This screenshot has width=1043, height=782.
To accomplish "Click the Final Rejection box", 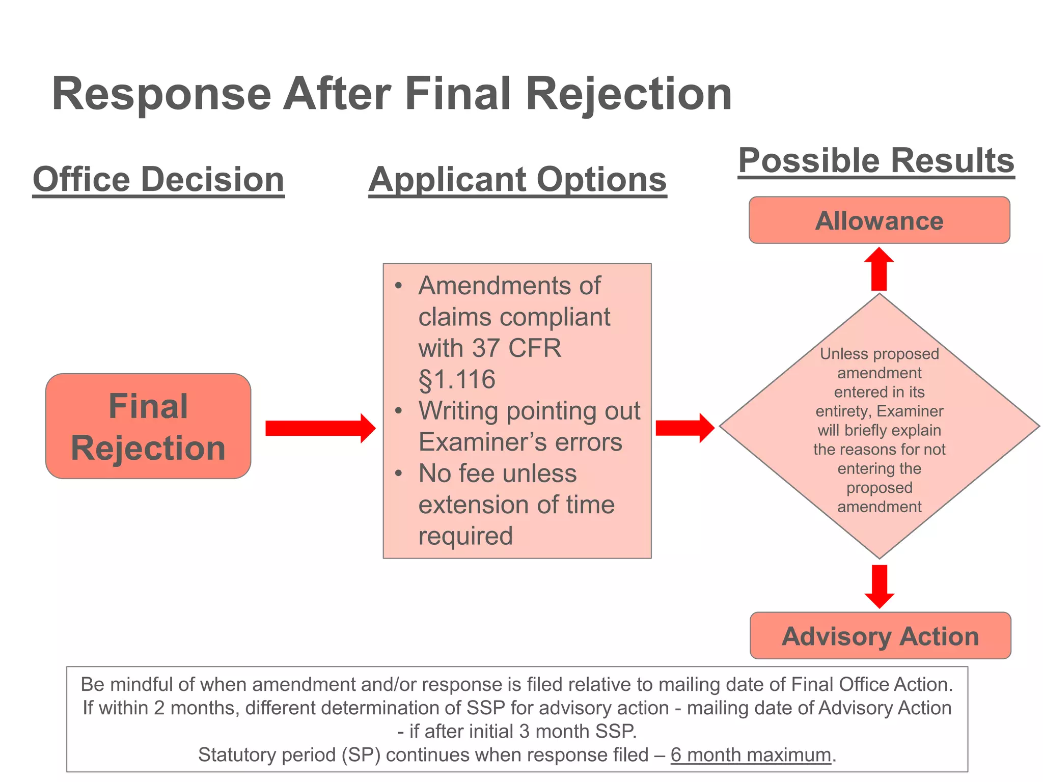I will (x=148, y=426).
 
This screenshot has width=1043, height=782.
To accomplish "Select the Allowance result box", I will (x=879, y=220).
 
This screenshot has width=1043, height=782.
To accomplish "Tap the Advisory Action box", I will (x=880, y=636).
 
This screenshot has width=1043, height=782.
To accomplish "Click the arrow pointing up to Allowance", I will (x=879, y=269).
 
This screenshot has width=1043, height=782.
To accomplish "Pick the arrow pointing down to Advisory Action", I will (x=880, y=586).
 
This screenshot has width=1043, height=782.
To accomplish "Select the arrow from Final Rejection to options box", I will (x=320, y=428).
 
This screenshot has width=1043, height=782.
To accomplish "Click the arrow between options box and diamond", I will (x=684, y=428).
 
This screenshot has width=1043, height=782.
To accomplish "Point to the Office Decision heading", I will (x=158, y=180).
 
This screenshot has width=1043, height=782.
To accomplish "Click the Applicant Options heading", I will (x=517, y=180).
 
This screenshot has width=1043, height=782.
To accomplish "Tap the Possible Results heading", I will (x=876, y=161).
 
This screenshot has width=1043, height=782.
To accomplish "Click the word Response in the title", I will (x=161, y=94).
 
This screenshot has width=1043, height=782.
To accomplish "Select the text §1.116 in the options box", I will (x=457, y=380).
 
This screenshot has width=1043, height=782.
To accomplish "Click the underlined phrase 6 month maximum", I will (x=751, y=755).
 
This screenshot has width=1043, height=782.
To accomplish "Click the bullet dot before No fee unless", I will (x=399, y=473).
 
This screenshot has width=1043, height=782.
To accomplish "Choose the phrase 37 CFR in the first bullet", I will (x=516, y=348).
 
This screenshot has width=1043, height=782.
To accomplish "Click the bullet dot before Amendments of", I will (x=399, y=286).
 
